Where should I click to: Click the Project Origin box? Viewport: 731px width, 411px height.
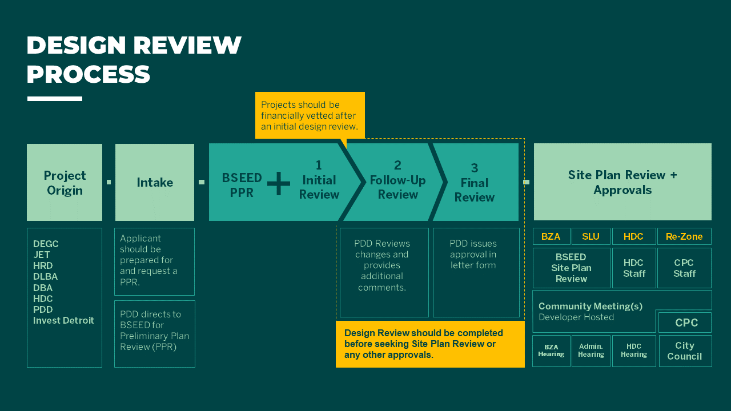65,183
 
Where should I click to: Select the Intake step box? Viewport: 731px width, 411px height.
155,183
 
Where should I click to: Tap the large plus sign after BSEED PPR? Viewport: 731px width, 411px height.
279,184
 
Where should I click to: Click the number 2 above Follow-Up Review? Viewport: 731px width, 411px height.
397,166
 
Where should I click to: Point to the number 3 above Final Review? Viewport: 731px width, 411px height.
474,168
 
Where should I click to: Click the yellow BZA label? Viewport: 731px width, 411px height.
551,236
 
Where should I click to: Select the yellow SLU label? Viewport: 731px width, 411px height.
591,236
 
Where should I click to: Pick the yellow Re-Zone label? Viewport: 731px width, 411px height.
684,236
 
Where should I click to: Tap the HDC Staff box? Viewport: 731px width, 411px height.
634,268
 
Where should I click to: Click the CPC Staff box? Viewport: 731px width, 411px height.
684,268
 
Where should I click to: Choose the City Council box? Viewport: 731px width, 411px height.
685,350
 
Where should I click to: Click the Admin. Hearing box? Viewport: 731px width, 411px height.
591,350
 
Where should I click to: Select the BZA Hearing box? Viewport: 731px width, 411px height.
551,350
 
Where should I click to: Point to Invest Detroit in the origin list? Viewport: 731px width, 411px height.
63,320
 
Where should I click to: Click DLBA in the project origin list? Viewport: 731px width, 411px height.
45,277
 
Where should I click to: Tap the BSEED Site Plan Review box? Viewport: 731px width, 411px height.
571,268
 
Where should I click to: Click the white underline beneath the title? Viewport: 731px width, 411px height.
55,99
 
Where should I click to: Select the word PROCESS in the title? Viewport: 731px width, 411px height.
89,74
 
